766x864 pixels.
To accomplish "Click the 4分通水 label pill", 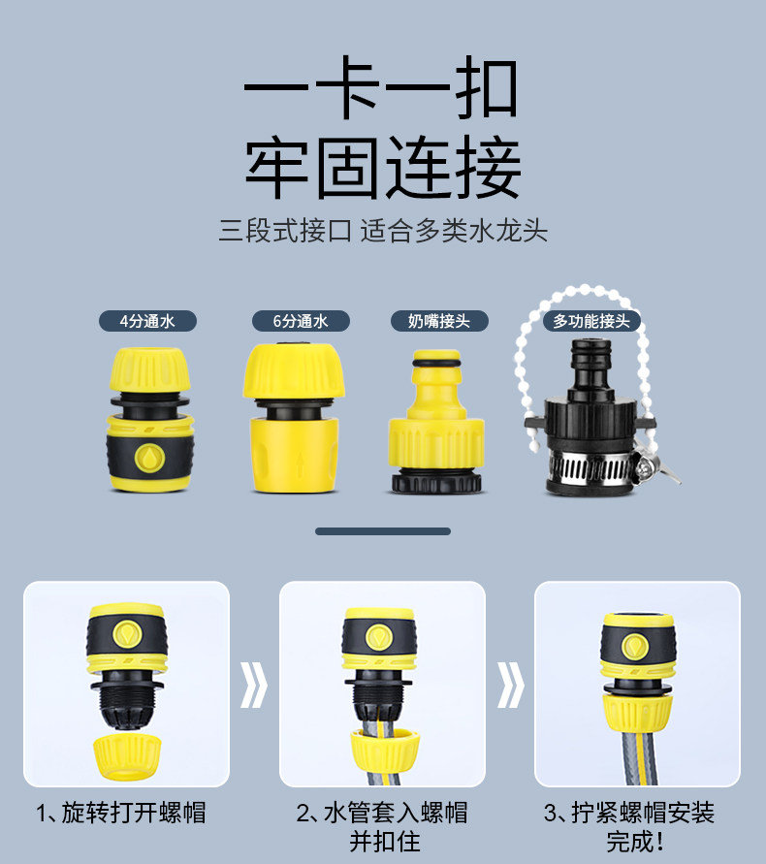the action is tap(147, 321).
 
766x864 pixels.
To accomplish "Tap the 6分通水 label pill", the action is tap(301, 321).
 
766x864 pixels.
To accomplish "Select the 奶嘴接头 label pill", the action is tap(439, 321).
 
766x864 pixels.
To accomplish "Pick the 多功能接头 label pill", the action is tap(591, 321).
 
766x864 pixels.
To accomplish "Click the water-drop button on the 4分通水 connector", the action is tap(149, 458).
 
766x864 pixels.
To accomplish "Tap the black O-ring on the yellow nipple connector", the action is tap(436, 364).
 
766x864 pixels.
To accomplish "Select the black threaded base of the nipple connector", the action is tap(436, 481).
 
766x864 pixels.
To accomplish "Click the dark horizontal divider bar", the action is tap(383, 531).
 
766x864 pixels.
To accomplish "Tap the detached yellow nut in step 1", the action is tap(127, 756).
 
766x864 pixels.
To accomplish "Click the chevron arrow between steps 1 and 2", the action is tap(254, 685).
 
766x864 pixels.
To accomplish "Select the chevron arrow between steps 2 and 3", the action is tap(511, 685).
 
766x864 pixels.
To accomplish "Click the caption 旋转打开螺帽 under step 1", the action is tap(134, 813).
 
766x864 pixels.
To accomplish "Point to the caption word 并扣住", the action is tap(385, 842).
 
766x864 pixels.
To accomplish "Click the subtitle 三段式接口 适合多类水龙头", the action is tap(383, 231).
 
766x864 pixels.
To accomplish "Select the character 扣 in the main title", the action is tap(488, 87).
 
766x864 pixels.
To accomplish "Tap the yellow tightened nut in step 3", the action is tap(637, 713).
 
